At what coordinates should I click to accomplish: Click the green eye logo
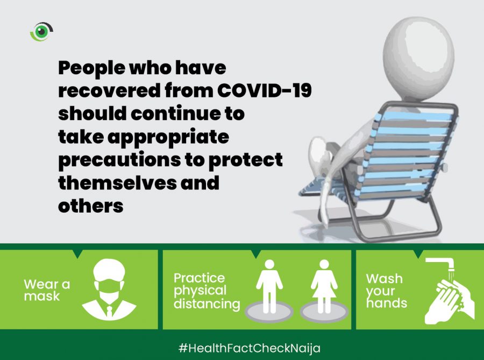[x=41, y=31]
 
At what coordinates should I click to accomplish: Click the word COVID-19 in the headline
[x=264, y=90]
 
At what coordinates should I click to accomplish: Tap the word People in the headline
[x=91, y=68]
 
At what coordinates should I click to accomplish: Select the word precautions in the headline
[x=119, y=160]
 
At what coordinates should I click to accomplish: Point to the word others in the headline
[x=91, y=206]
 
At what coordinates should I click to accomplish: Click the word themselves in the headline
[x=117, y=182]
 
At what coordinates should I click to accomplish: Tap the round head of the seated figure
[x=418, y=59]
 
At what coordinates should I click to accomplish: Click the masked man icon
[x=109, y=290]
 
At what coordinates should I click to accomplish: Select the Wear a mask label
[x=47, y=290]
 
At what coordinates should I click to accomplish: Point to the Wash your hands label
[x=387, y=291]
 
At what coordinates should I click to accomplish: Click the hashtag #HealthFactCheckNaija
[x=250, y=348]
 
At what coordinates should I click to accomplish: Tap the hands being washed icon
[x=450, y=301]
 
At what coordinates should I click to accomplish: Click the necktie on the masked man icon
[x=109, y=311]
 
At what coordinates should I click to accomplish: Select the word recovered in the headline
[x=110, y=90]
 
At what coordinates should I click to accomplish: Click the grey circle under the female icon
[x=324, y=311]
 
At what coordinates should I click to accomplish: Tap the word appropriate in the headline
[x=168, y=137]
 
